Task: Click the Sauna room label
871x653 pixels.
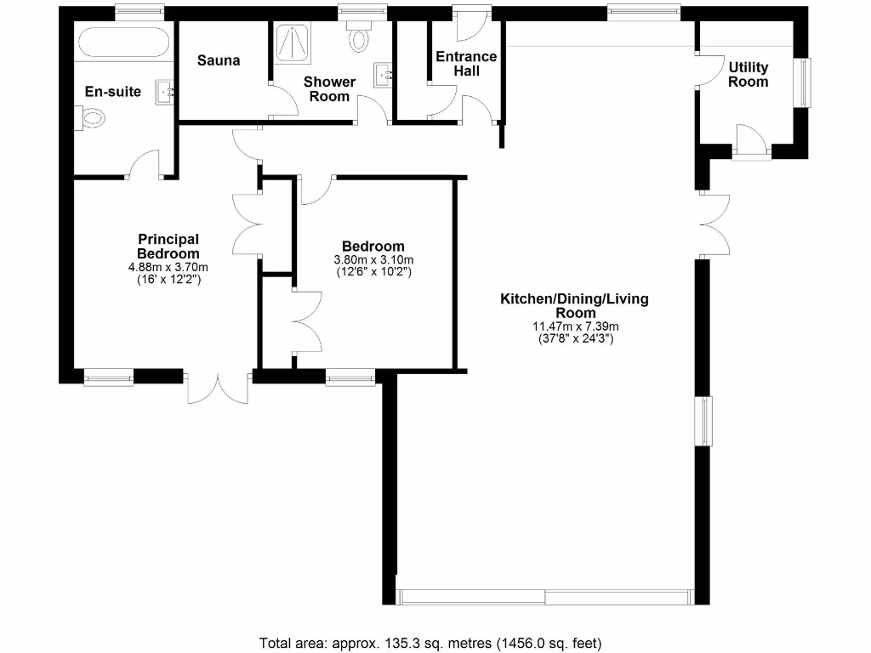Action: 219,60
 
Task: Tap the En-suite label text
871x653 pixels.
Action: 113,92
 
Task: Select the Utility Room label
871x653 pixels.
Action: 748,75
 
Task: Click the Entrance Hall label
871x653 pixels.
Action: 465,64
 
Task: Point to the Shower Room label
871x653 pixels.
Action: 329,89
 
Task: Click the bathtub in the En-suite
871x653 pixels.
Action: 123,43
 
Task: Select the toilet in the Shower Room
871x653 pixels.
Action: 360,38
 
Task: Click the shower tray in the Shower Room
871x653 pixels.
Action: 295,43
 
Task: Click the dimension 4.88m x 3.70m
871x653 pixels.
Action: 168,266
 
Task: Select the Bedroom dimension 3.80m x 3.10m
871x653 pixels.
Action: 373,260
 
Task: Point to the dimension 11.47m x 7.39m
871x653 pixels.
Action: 574,326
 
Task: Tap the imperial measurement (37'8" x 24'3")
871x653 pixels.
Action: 574,338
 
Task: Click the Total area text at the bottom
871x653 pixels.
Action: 435,643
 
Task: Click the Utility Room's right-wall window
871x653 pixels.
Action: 803,82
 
